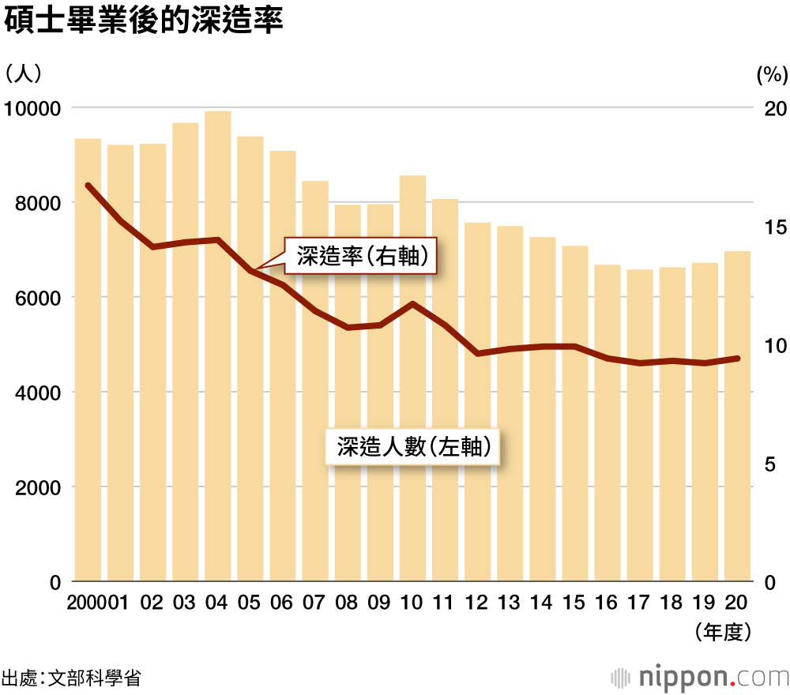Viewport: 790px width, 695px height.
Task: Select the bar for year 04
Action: coord(217,347)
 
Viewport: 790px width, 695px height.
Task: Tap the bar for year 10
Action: coord(412,379)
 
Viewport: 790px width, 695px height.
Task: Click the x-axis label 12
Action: coord(476,603)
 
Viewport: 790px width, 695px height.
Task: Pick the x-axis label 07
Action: coord(314,603)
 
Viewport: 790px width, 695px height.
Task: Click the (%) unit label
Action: coord(772,75)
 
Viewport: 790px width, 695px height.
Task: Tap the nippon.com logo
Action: coord(701,677)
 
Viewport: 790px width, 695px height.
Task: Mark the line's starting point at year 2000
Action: coord(88,186)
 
